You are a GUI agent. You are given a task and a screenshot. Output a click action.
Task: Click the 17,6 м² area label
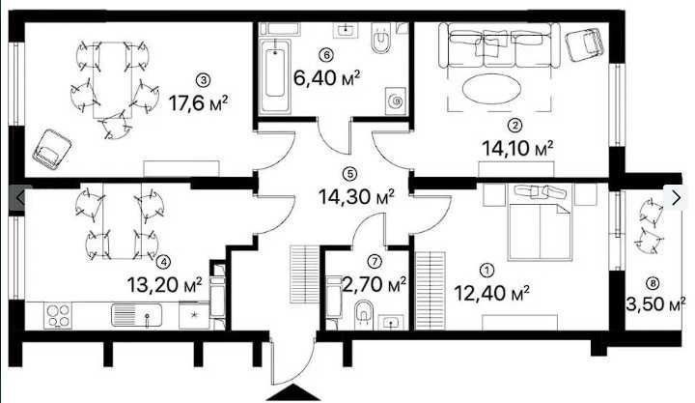click(198, 103)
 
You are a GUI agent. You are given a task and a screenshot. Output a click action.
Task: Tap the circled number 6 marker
click(326, 55)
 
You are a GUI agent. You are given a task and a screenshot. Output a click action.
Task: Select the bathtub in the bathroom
click(275, 76)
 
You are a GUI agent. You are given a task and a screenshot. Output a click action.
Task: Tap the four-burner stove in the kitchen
click(59, 315)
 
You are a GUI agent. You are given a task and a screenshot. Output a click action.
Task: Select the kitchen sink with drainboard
click(136, 315)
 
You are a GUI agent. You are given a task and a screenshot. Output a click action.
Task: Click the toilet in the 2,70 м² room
click(364, 315)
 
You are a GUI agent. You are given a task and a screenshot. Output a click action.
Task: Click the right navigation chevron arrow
click(676, 197)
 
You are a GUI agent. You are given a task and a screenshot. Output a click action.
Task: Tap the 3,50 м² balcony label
click(655, 304)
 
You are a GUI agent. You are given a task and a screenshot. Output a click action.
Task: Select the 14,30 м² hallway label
click(356, 196)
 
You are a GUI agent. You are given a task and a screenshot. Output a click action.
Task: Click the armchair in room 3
click(52, 149)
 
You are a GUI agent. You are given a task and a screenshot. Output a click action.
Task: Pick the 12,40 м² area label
click(492, 293)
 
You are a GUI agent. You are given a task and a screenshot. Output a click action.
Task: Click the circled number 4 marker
click(163, 262)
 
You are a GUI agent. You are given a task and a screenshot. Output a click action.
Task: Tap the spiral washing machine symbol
click(396, 101)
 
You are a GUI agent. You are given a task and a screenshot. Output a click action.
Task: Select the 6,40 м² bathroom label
click(326, 78)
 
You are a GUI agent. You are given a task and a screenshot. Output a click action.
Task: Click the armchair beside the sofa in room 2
click(585, 44)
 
